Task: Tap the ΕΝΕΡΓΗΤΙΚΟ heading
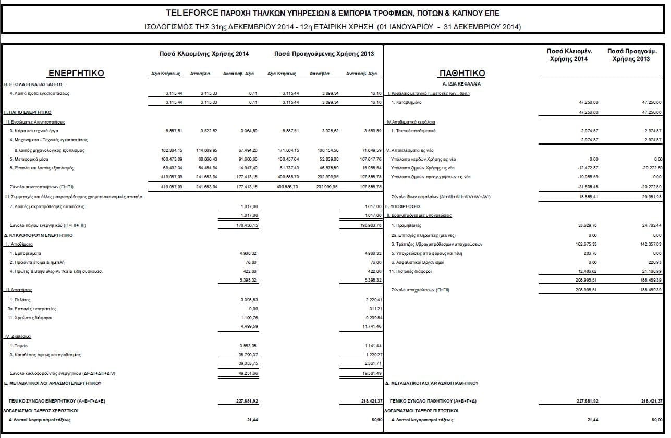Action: click(76, 74)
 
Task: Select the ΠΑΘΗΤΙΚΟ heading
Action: click(462, 74)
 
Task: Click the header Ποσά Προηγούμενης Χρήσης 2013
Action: click(324, 54)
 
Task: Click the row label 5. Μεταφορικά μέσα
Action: click(27, 159)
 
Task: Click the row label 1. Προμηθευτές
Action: click(406, 225)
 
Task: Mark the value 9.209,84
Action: click(372, 318)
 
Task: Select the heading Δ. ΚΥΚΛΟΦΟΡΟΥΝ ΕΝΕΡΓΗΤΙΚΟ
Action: click(39, 235)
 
